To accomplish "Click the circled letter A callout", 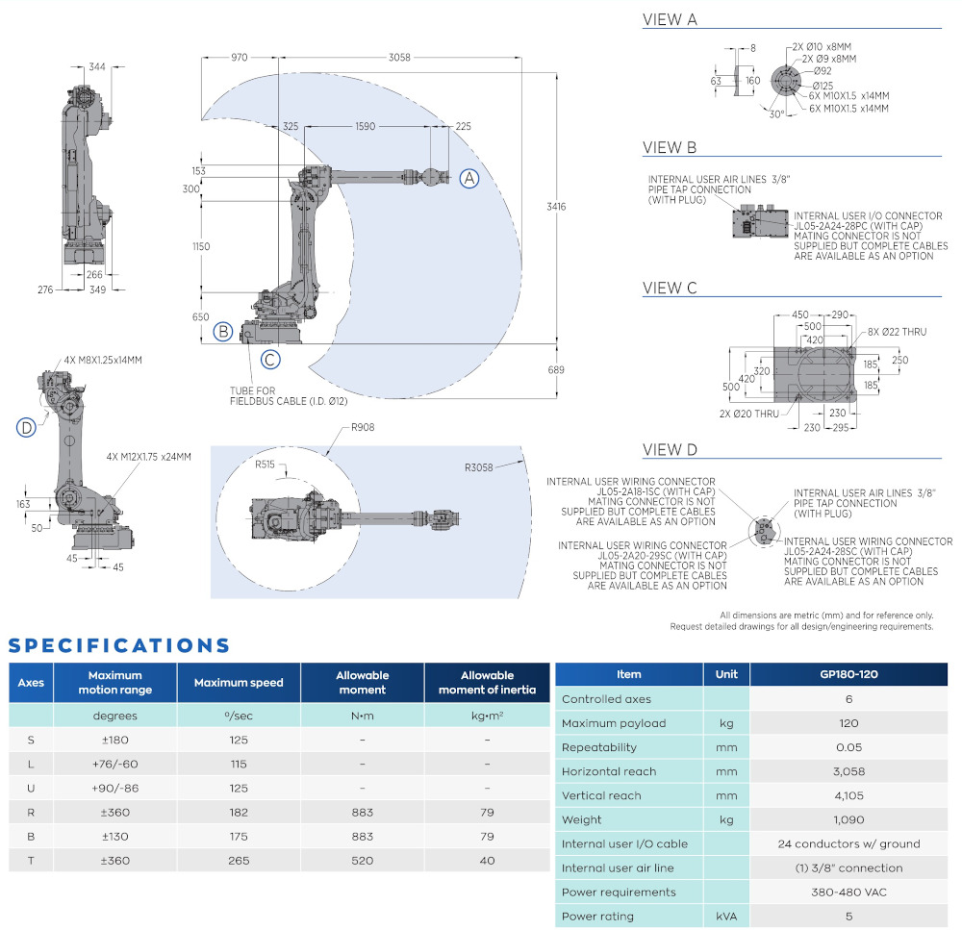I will [468, 178].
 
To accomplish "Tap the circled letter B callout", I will [223, 332].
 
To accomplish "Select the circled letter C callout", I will [271, 360].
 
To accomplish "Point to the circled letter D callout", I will [27, 427].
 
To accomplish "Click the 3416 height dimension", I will [556, 207].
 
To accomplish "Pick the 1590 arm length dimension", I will [365, 126].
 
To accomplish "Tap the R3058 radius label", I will [479, 468].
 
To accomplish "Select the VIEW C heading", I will [670, 288].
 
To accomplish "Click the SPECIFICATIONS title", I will [119, 645].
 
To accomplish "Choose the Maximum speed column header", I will [239, 683].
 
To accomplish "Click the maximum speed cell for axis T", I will [239, 861].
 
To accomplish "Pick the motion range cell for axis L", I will [114, 765].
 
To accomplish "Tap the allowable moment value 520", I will [362, 861].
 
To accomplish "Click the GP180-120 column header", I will [848, 674].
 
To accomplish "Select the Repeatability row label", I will [599, 747].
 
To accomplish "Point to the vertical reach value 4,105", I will [848, 795].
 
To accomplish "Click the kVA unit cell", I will [726, 917].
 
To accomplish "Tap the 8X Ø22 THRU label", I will [897, 332].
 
